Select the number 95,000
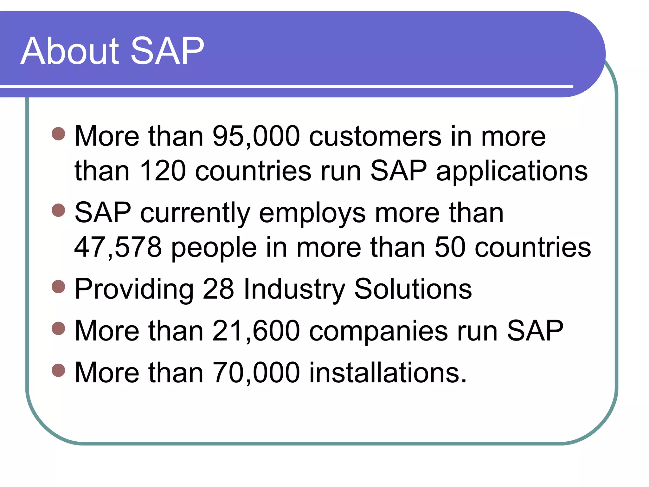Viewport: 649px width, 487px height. coord(256,136)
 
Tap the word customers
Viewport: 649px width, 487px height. coord(375,136)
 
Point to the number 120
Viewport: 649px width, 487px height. coord(162,171)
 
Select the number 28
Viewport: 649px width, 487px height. coord(218,289)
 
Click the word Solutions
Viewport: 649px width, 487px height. coord(413,289)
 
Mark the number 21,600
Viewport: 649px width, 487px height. coord(256,331)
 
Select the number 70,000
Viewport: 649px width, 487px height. coord(256,373)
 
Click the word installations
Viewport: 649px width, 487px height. coord(387,373)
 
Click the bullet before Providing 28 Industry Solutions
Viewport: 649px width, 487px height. coord(58,287)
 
